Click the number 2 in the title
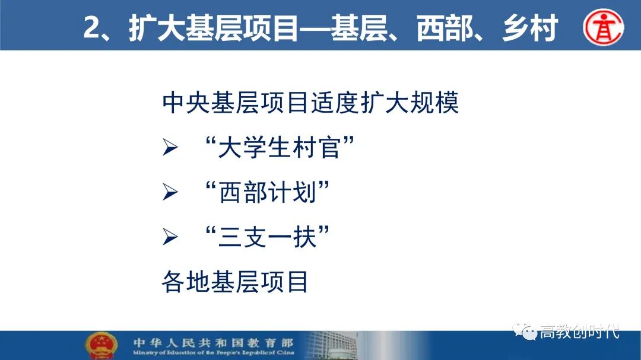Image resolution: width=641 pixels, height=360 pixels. coord(91,27)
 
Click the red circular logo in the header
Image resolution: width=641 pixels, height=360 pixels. coord(604,27)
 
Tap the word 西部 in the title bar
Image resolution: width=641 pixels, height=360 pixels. coord(445,28)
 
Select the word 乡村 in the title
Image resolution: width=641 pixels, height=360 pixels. coord(530,28)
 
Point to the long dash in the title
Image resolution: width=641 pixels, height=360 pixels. coord(315,28)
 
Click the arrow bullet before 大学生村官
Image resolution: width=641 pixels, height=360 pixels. coord(170,147)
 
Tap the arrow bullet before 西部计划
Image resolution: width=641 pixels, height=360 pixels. coord(170,192)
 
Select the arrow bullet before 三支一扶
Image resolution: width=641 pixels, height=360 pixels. coord(170,237)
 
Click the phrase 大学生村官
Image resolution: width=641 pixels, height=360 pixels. coord(280,147)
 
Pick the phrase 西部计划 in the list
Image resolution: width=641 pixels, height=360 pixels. coord(268,192)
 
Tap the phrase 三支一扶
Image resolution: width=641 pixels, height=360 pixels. coord(268,237)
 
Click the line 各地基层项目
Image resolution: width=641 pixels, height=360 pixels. coord(235,282)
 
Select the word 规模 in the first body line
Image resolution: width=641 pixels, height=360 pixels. coord(434,102)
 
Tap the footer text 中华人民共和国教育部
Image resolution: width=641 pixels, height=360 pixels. coord(214,342)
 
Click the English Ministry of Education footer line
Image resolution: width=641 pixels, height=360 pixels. coord(214,353)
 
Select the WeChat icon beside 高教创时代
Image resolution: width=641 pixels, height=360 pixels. coord(525,331)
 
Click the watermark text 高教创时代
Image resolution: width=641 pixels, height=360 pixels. coord(580,332)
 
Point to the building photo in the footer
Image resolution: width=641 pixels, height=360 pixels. coord(332,345)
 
